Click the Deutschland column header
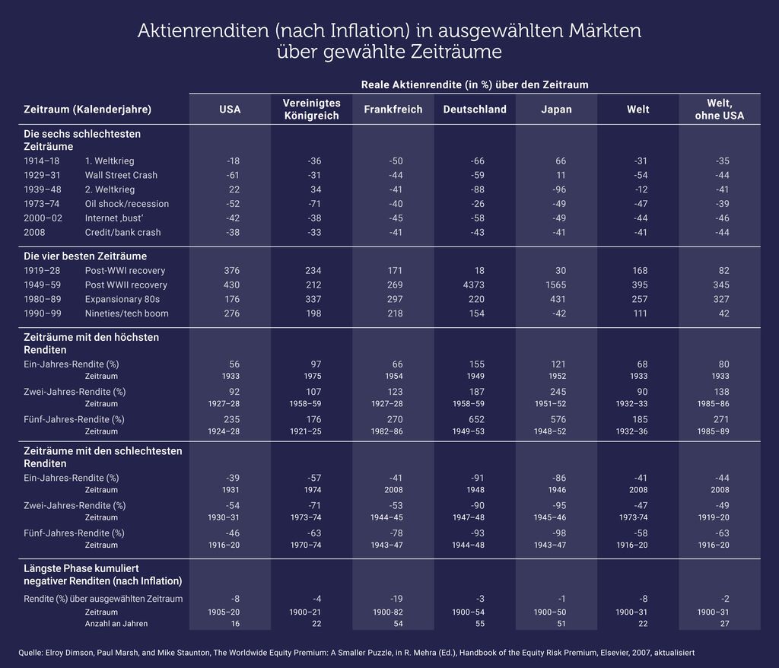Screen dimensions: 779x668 (x=475, y=110)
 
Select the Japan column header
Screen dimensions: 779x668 (x=556, y=110)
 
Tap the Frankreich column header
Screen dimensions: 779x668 (x=393, y=110)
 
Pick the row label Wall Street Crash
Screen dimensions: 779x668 (x=121, y=175)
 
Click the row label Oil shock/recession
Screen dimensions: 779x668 (x=127, y=204)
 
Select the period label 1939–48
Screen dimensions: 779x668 (x=43, y=189)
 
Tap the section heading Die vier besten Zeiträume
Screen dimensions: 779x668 (x=85, y=256)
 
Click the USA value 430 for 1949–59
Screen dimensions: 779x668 (x=231, y=285)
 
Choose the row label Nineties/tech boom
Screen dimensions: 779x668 (x=127, y=313)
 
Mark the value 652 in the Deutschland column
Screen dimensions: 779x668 (x=476, y=419)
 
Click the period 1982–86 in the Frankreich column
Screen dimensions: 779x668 (x=387, y=431)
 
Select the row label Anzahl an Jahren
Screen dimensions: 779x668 (x=116, y=624)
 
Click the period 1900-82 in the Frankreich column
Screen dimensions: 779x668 (x=387, y=612)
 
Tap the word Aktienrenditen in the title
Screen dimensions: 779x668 (x=203, y=31)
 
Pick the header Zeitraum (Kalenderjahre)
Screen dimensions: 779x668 (x=87, y=110)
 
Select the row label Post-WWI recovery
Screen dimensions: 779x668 (x=126, y=271)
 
